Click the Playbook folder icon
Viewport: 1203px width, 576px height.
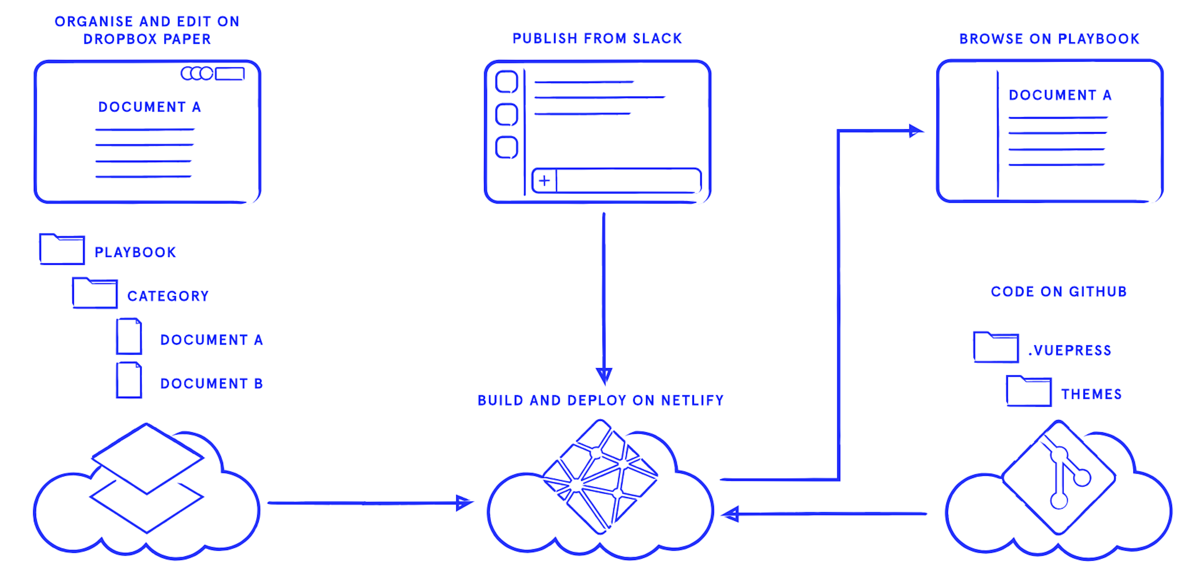tap(62, 250)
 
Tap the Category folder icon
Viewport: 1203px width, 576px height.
tap(95, 294)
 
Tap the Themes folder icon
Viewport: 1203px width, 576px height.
tap(1029, 392)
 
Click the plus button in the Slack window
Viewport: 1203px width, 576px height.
tap(544, 181)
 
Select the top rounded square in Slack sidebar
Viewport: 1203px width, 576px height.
tap(507, 82)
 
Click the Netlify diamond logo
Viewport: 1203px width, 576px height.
tap(600, 476)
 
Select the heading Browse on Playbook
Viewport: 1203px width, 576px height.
tap(1049, 39)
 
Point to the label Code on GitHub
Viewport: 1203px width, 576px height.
tap(1059, 292)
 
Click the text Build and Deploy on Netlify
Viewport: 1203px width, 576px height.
tap(601, 400)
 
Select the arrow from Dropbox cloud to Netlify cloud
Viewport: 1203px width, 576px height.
tap(369, 503)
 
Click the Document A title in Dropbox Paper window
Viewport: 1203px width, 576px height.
tap(149, 107)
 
